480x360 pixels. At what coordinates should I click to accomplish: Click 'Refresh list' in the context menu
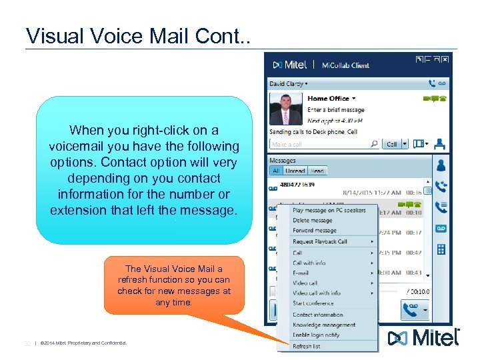click(307, 346)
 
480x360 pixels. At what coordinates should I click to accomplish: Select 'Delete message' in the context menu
click(313, 221)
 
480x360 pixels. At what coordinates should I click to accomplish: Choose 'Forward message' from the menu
click(315, 231)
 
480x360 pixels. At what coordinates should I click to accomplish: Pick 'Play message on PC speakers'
click(329, 211)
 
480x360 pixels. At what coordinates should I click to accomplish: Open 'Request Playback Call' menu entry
click(320, 241)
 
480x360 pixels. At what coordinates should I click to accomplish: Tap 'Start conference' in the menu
click(313, 303)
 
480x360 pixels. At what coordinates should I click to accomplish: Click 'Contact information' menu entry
click(318, 315)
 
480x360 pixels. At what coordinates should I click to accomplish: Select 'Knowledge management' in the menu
click(324, 325)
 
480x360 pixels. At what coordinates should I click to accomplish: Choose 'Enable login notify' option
click(316, 335)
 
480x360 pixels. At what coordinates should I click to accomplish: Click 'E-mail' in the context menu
click(301, 273)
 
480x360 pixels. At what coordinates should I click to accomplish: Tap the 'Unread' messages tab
click(295, 171)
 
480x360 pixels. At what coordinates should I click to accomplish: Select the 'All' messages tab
click(275, 171)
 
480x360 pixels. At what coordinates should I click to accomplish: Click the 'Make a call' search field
click(320, 144)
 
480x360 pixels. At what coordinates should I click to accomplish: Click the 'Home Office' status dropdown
click(332, 99)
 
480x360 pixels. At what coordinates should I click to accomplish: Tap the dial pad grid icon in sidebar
click(441, 249)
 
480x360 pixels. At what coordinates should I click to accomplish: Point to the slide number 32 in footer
click(27, 343)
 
